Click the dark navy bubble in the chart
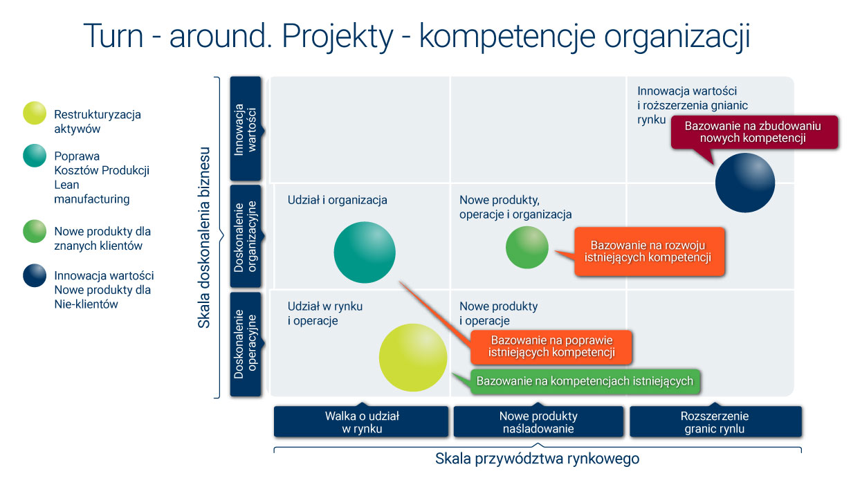(744, 183)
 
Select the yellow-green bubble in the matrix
(413, 358)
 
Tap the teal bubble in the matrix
(365, 252)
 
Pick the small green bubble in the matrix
(527, 247)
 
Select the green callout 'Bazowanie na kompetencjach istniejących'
(585, 381)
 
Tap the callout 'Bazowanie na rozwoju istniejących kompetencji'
(650, 252)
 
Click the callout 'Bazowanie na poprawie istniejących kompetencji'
(551, 347)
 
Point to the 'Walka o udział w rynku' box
(362, 422)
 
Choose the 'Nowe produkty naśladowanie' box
(538, 422)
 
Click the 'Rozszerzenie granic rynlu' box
(715, 422)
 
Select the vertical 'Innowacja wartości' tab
(245, 129)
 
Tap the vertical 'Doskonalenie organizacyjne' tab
(245, 237)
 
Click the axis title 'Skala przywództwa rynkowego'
(537, 458)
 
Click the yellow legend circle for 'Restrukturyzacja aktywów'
(35, 114)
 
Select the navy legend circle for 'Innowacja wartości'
(35, 275)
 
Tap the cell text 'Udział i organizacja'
(338, 200)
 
